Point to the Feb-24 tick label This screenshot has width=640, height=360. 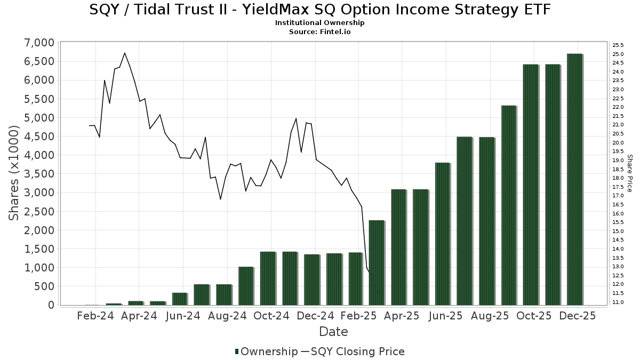(x=95, y=315)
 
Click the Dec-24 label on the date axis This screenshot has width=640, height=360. (x=315, y=315)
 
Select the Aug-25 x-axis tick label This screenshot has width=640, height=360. (x=491, y=315)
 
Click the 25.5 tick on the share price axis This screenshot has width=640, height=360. (x=618, y=45)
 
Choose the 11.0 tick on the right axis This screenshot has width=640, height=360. (x=618, y=302)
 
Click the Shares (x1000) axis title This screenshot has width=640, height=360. (x=14, y=173)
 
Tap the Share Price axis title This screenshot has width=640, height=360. (x=629, y=173)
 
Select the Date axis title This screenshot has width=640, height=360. (x=333, y=332)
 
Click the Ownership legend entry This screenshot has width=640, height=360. (x=266, y=351)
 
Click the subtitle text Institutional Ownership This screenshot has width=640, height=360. (x=320, y=23)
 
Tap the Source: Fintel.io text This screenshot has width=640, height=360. (x=320, y=31)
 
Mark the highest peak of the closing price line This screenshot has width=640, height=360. (x=124, y=53)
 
